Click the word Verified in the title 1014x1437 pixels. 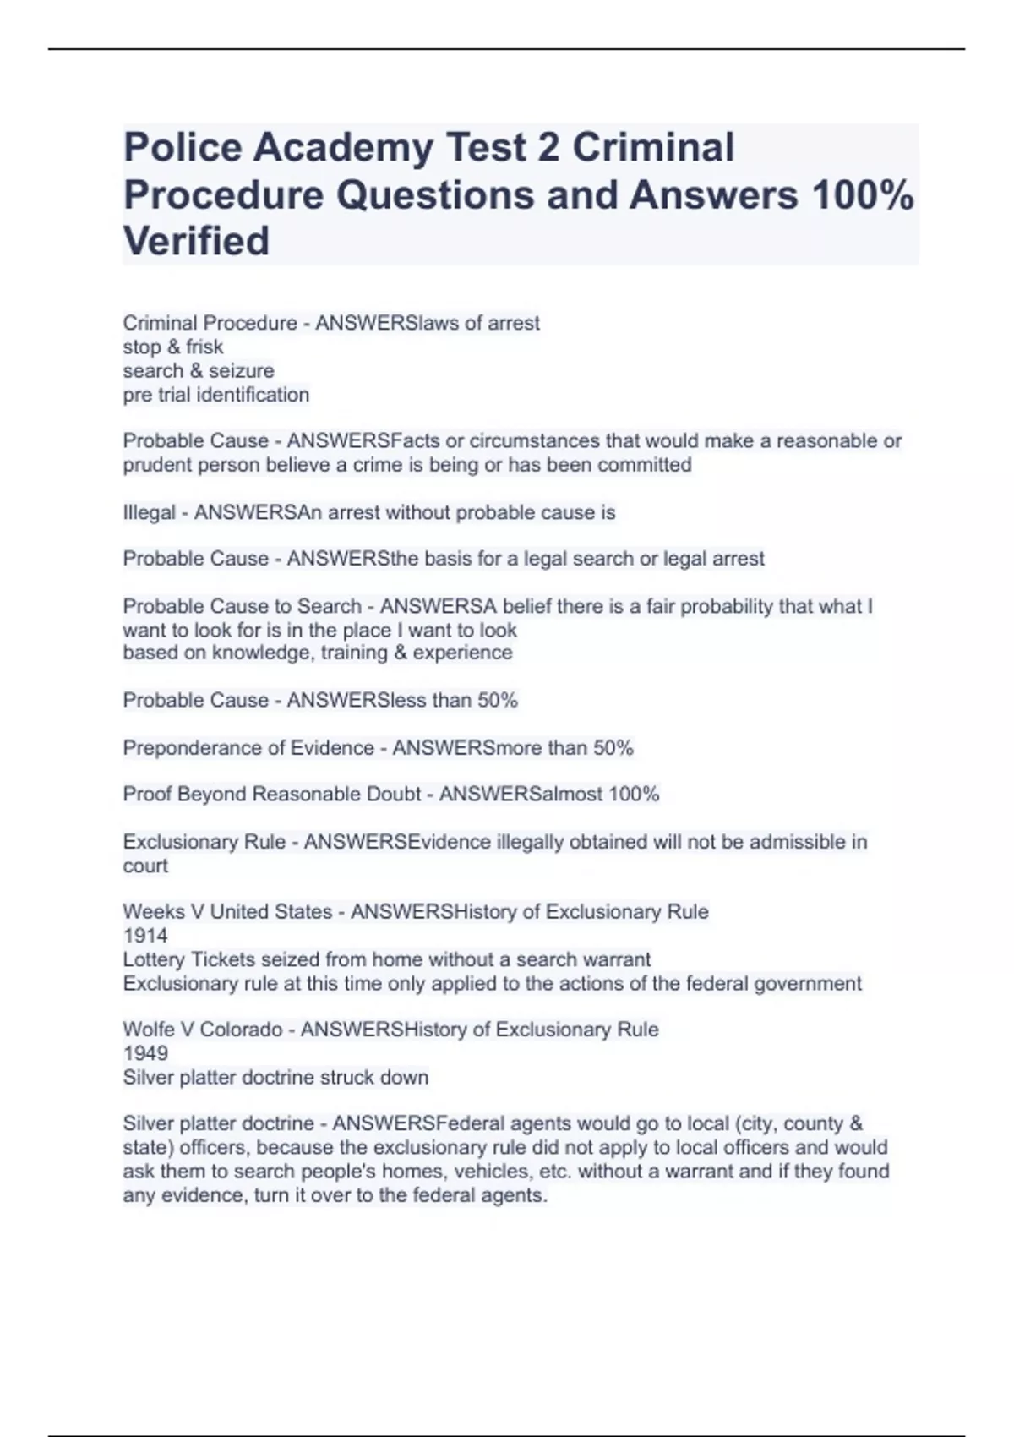tap(196, 241)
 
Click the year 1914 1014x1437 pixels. tap(145, 936)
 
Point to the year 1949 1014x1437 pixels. tap(145, 1053)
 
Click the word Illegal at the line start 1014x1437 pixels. tap(149, 513)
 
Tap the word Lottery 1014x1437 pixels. tap(155, 959)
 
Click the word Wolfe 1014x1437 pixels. tap(149, 1030)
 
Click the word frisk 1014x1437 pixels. tap(204, 347)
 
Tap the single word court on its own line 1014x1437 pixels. tap(145, 866)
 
